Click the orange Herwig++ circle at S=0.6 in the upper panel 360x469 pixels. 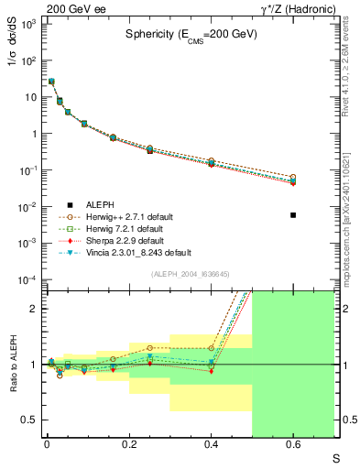coord(293,177)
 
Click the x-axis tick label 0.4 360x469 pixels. coord(211,446)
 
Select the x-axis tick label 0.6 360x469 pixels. coord(293,446)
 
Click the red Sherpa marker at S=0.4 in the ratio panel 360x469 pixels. coord(211,371)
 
